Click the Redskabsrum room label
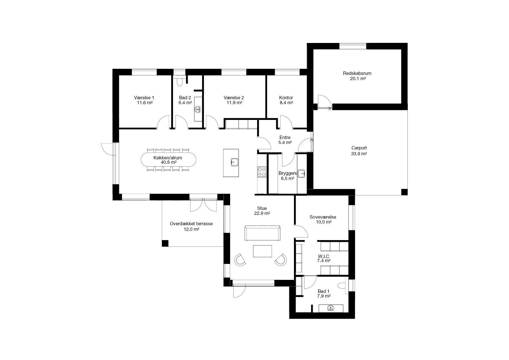pyautogui.click(x=357, y=73)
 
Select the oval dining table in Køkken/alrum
pyautogui.click(x=169, y=160)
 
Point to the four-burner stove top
pyautogui.click(x=262, y=171)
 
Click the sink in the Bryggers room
pyautogui.click(x=302, y=174)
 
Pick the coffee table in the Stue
pyautogui.click(x=262, y=251)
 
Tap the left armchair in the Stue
pyautogui.click(x=240, y=260)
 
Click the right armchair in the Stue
pyautogui.click(x=280, y=260)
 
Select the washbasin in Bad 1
pyautogui.click(x=331, y=308)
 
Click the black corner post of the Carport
pyautogui.click(x=404, y=192)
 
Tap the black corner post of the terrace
pyautogui.click(x=165, y=243)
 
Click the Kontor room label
pyautogui.click(x=286, y=98)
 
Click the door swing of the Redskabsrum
pyautogui.click(x=323, y=101)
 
